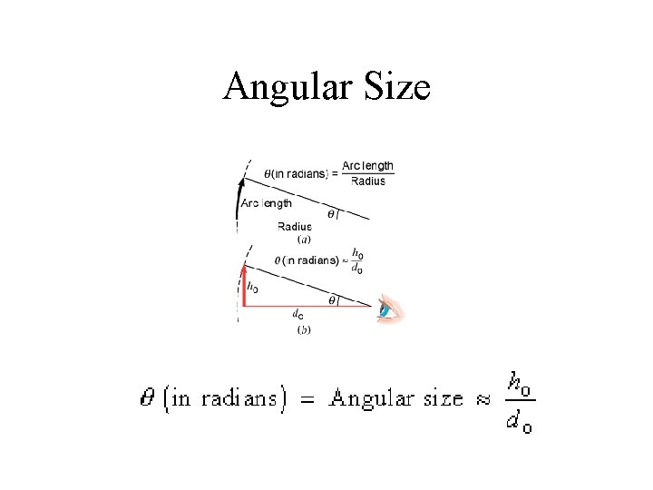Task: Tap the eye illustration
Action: (390, 310)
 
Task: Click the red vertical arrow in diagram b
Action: (243, 285)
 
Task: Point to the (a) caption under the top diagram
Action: (305, 240)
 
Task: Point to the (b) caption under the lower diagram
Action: (304, 330)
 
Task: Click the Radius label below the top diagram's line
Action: (294, 227)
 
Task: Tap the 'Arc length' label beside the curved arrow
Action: (267, 203)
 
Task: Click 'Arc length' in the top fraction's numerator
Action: (367, 166)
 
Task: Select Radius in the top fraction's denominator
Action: (367, 181)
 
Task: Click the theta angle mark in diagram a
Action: (332, 215)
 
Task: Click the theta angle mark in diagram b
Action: (332, 299)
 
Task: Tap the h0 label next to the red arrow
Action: (252, 287)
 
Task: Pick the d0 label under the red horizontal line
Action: (297, 314)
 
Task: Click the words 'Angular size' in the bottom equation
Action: (396, 398)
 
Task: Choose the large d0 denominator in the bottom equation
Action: (519, 421)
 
